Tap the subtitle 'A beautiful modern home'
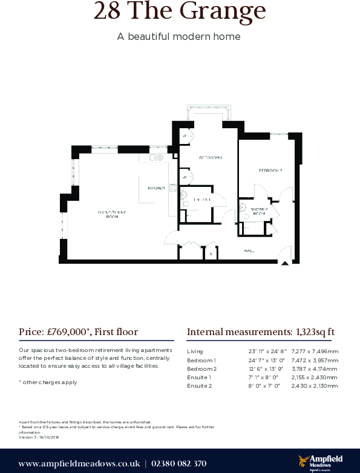(x=179, y=36)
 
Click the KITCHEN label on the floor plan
(x=156, y=188)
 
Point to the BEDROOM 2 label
(x=270, y=171)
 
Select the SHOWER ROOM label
(x=259, y=211)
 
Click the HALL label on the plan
(x=249, y=250)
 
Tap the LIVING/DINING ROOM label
(x=112, y=214)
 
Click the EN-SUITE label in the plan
(x=202, y=200)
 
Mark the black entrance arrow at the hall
(x=284, y=263)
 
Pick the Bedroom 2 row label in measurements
(x=201, y=368)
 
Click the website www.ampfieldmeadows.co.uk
(x=79, y=464)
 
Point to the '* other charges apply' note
(x=48, y=382)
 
